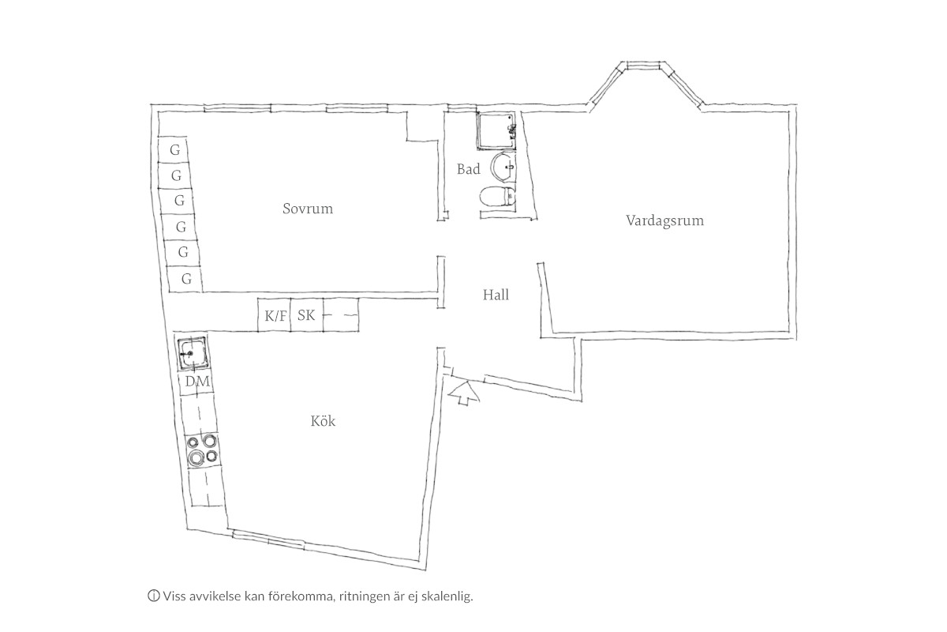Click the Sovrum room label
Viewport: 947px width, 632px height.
308,209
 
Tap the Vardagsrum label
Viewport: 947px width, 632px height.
664,220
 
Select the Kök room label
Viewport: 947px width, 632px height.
323,421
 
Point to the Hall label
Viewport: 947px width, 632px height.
496,295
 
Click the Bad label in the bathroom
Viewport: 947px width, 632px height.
469,169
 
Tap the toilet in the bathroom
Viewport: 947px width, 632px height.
498,197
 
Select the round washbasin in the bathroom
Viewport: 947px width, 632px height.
503,166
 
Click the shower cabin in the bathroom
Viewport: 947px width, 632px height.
496,131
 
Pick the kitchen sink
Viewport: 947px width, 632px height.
193,352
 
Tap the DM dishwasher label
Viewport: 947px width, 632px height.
197,382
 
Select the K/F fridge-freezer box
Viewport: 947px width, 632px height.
275,315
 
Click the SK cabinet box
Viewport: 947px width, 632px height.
307,315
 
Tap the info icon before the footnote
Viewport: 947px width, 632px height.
153,596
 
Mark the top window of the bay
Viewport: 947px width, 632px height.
643,65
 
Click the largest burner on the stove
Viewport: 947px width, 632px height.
196,457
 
